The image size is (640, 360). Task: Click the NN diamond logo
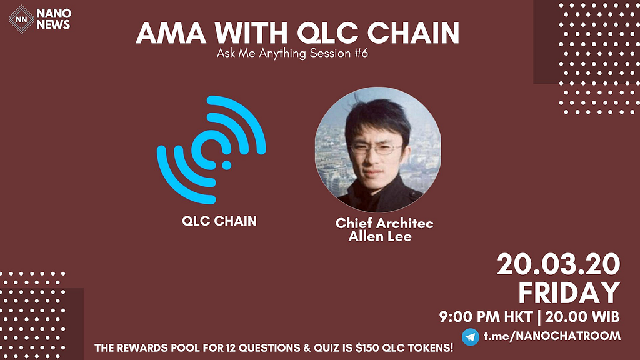point(21,19)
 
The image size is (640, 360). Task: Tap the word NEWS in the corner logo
point(53,25)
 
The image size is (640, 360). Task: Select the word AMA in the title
point(171,33)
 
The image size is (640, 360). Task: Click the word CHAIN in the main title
point(413,33)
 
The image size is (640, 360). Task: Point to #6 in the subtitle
point(361,53)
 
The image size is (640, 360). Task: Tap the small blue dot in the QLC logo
point(226,165)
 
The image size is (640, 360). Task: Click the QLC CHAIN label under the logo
point(219,221)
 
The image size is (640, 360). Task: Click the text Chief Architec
point(384,223)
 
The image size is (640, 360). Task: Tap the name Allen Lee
point(380,236)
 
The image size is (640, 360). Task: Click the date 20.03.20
point(558,264)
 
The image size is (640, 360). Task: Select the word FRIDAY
point(569,292)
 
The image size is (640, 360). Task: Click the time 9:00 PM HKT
point(486,317)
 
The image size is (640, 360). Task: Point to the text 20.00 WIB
point(582,317)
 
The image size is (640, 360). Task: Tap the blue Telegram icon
point(471,337)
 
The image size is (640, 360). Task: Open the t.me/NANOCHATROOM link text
point(552,336)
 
